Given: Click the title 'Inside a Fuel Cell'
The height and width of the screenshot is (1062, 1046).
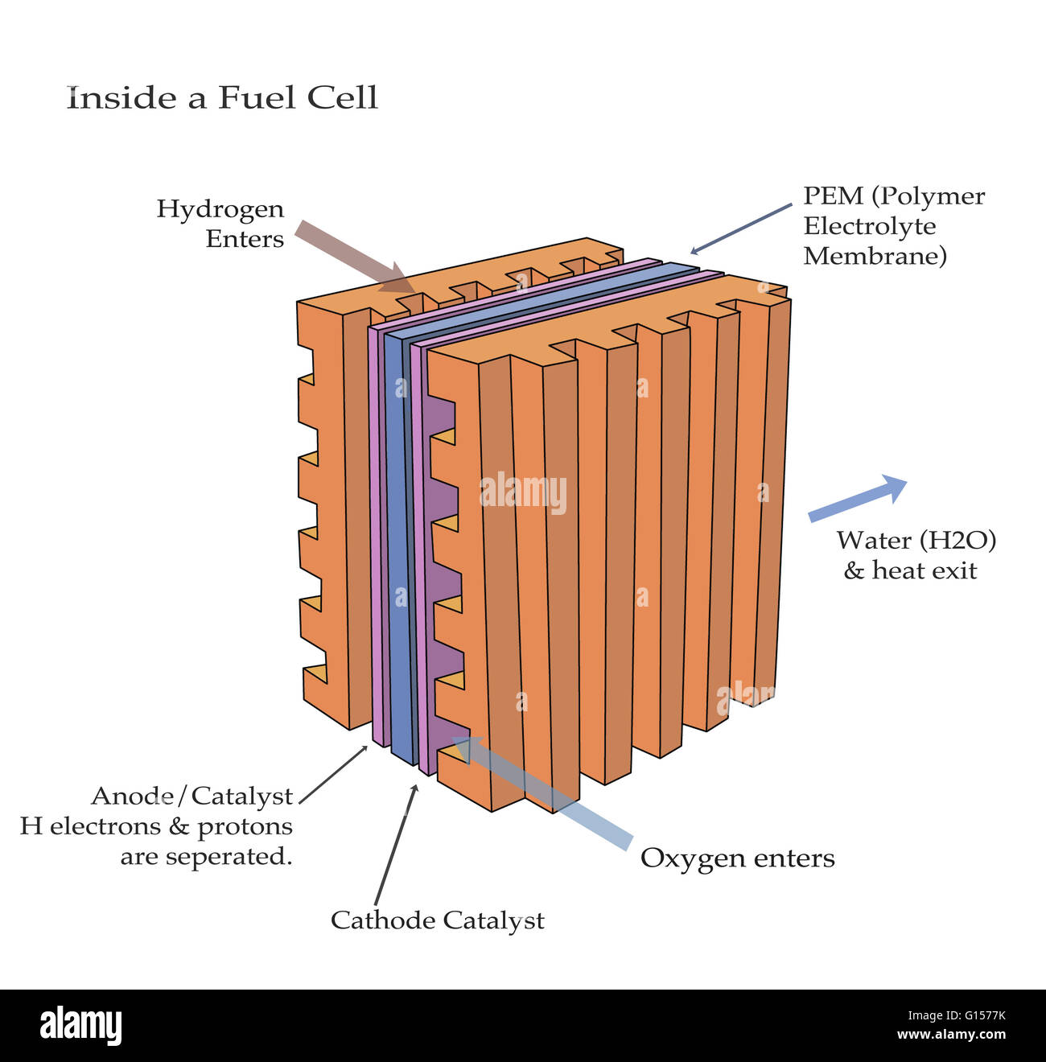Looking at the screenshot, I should (x=222, y=98).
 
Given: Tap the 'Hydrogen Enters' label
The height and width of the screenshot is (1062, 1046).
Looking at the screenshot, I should (x=220, y=224).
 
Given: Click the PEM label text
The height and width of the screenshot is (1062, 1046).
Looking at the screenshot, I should (x=893, y=226).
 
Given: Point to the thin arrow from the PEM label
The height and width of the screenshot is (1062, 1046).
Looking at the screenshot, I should (x=741, y=228).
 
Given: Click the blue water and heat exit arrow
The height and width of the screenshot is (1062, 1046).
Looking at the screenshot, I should (x=857, y=498).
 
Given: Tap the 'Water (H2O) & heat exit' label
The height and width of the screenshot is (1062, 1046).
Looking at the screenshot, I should (x=915, y=555).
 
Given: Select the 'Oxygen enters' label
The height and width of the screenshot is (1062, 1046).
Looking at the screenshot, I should (x=737, y=858).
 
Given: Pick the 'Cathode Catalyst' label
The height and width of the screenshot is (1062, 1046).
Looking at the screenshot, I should (x=437, y=920).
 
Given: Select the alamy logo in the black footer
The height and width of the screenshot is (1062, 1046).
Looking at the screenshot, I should (x=80, y=1026).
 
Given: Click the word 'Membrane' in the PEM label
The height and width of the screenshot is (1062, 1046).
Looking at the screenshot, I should (x=875, y=257).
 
